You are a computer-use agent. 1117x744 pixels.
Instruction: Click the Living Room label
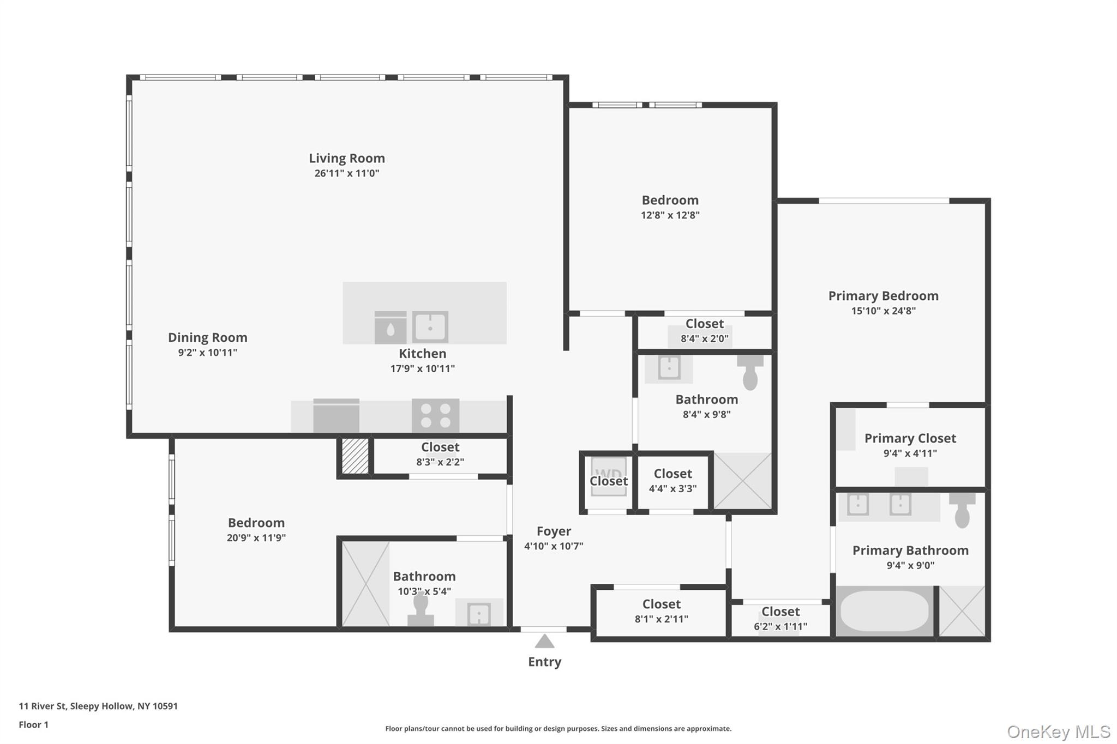pyautogui.click(x=347, y=159)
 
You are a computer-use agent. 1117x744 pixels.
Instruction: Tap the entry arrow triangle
pyautogui.click(x=544, y=642)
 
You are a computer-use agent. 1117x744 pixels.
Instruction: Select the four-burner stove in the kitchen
pyautogui.click(x=435, y=415)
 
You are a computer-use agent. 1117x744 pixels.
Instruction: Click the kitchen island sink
pyautogui.click(x=430, y=327)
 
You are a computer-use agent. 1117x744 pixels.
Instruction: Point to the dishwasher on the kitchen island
pyautogui.click(x=391, y=328)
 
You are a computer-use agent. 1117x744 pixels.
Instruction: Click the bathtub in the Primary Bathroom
pyautogui.click(x=884, y=612)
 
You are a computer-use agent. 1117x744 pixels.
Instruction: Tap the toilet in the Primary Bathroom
pyautogui.click(x=962, y=510)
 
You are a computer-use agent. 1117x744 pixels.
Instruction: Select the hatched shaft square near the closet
pyautogui.click(x=355, y=456)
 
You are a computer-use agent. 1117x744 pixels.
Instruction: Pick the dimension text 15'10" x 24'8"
pyautogui.click(x=883, y=311)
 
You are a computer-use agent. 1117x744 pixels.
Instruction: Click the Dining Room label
pyautogui.click(x=207, y=338)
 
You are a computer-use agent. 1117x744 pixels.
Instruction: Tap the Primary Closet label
pyautogui.click(x=910, y=439)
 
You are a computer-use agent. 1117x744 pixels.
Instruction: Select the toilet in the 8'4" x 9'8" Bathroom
pyautogui.click(x=750, y=372)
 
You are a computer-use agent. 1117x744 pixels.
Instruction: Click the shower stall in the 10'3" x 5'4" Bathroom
pyautogui.click(x=365, y=584)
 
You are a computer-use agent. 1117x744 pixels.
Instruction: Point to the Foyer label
pyautogui.click(x=554, y=531)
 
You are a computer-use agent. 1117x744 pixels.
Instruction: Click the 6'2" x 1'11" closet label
pyautogui.click(x=780, y=612)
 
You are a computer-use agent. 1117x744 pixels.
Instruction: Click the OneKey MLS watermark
pyautogui.click(x=1058, y=731)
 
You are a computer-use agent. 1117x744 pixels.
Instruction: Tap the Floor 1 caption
pyautogui.click(x=34, y=725)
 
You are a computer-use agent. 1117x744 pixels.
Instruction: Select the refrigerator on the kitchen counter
pyautogui.click(x=336, y=416)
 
